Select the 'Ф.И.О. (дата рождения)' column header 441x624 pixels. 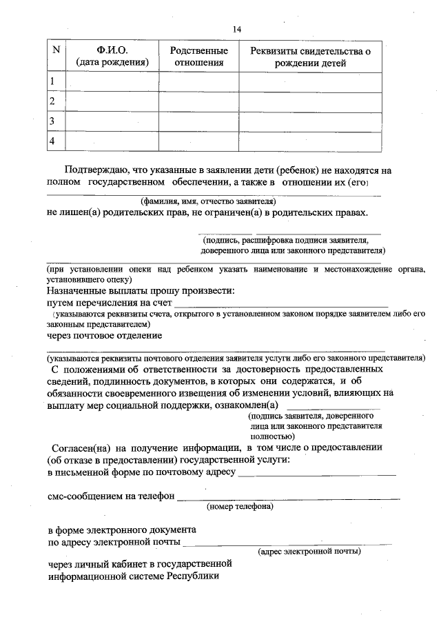tap(112, 57)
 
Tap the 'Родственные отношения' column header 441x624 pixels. tap(199, 57)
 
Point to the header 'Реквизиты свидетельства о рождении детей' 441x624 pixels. tap(309, 57)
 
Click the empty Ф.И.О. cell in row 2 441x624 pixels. tap(112, 101)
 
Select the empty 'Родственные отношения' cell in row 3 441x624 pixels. tap(199, 121)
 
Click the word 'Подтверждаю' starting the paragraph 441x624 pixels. tap(95, 170)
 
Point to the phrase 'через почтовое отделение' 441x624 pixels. tap(105, 336)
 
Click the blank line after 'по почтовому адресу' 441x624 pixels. tap(316, 474)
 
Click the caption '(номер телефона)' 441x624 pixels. tap(240, 507)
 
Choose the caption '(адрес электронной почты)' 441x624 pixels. tap(309, 552)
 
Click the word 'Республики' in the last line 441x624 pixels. tap(192, 576)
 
